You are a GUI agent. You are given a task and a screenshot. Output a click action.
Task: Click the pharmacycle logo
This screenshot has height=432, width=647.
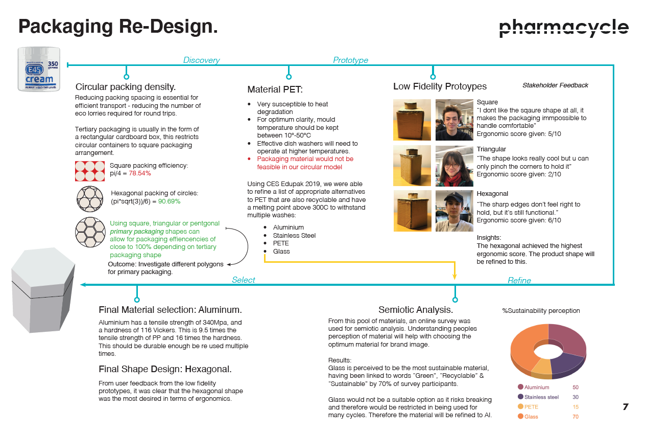[564, 28]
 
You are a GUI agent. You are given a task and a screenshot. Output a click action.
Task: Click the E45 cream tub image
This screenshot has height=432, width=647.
[39, 69]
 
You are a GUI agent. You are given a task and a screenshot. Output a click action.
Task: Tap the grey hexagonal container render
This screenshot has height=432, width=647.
[43, 290]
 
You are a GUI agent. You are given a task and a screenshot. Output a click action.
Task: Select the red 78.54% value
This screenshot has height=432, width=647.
[140, 173]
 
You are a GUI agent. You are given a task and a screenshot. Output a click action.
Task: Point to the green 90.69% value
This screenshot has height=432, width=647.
[169, 201]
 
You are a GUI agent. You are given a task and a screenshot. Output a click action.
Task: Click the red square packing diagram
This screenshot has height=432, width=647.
[90, 171]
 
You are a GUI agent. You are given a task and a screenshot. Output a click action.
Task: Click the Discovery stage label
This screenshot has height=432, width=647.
[201, 60]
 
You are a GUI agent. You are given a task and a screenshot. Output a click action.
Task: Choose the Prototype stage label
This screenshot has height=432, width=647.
[350, 60]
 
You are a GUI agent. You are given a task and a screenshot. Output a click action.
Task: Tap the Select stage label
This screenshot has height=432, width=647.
[244, 280]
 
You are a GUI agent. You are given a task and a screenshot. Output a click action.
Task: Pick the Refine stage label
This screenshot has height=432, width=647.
[519, 280]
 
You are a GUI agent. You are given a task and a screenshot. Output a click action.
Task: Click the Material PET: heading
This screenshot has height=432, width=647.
[275, 89]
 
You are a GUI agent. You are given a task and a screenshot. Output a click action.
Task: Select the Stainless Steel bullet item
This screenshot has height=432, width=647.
[294, 235]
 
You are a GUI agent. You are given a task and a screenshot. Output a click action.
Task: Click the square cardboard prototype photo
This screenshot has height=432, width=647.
[412, 120]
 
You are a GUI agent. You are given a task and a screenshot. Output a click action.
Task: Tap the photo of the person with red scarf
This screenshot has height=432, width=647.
[454, 166]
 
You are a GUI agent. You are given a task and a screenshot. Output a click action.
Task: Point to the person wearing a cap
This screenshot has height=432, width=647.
[454, 211]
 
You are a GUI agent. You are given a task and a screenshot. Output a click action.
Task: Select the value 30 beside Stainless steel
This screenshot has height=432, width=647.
[576, 397]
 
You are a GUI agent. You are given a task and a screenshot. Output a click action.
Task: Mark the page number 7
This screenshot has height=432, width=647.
[626, 407]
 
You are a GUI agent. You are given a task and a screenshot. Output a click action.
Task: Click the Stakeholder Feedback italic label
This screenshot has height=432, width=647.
[555, 85]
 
